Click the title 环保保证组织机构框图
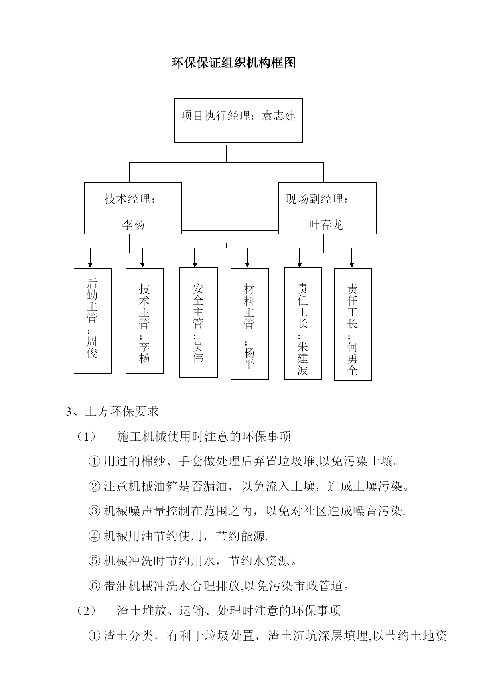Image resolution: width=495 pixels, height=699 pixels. (234, 63)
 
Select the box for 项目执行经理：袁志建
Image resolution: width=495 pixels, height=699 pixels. (239, 120)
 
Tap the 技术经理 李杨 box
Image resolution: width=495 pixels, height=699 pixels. (133, 208)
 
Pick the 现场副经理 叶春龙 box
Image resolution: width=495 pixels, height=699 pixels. (327, 208)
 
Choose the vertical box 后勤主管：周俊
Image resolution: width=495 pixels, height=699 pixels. (93, 321)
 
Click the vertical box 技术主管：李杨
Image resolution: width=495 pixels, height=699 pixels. (145, 321)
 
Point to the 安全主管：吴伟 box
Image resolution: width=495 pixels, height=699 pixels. (199, 322)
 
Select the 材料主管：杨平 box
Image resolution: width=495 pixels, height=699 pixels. (250, 324)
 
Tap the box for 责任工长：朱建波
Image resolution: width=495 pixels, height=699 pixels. (303, 323)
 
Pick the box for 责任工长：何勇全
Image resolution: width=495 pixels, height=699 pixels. (353, 324)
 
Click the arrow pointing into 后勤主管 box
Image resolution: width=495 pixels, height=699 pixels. (91, 258)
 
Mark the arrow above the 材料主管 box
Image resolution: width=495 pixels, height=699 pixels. (247, 258)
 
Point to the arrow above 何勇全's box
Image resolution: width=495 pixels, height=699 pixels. (352, 258)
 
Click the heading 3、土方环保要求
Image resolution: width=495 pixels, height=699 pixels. (112, 412)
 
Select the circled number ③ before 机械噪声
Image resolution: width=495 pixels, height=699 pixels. (94, 511)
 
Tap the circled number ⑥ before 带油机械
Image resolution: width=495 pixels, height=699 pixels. (94, 586)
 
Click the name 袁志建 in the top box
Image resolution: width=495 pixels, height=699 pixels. (279, 116)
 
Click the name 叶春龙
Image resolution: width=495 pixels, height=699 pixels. (326, 225)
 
